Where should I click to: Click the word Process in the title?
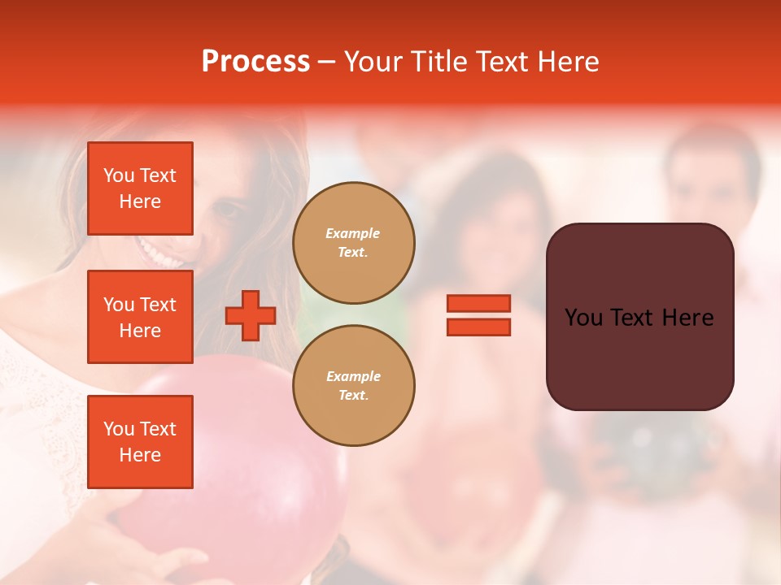(x=255, y=62)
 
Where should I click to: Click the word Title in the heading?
(x=438, y=62)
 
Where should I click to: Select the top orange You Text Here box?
(x=140, y=188)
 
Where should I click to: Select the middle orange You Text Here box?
(x=140, y=317)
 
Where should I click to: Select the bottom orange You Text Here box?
(x=140, y=441)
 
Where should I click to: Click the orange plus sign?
(x=251, y=315)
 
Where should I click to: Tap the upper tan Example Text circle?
(x=354, y=242)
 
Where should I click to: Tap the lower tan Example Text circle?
(x=354, y=385)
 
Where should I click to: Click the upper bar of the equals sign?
(x=478, y=304)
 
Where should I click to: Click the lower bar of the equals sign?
(x=478, y=327)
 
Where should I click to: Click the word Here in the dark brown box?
(x=687, y=317)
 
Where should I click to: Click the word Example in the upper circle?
(x=353, y=233)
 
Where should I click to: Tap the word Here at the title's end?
(x=569, y=62)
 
